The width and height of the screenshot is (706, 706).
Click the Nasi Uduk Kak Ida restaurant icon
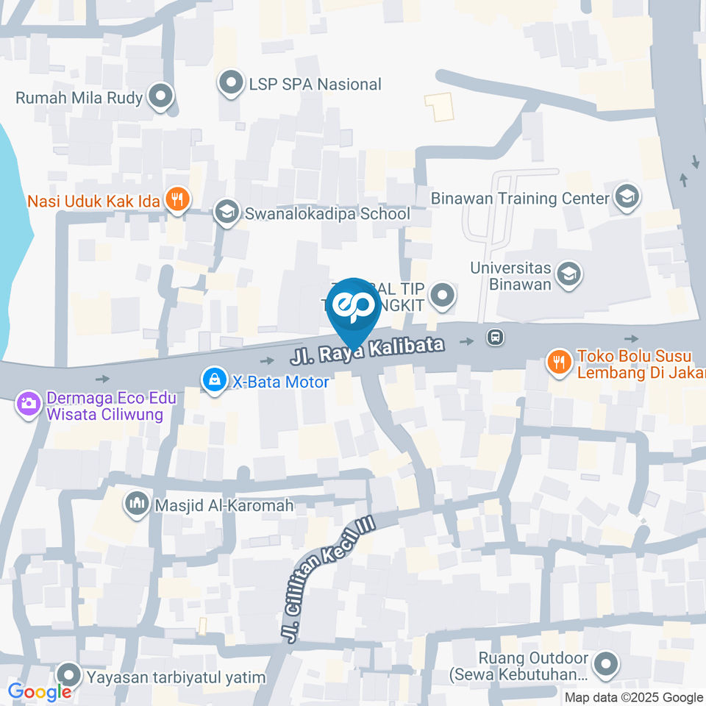[177, 199]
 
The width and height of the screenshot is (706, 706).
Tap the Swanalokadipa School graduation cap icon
[226, 213]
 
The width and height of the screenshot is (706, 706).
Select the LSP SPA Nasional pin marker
[231, 83]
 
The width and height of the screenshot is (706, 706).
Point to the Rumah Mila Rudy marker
[160, 96]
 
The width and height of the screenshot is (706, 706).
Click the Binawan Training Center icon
[627, 197]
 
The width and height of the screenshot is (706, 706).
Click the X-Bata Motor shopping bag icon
[214, 380]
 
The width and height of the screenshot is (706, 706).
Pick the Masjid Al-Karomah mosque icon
[136, 504]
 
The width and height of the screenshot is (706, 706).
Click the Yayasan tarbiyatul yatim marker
[70, 674]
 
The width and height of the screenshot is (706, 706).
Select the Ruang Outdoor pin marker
[607, 663]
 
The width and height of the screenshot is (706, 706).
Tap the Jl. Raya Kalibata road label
[368, 352]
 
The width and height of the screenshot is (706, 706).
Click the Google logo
[40, 691]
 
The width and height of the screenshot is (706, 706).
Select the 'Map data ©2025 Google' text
[633, 697]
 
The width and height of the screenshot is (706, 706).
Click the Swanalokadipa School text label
[327, 214]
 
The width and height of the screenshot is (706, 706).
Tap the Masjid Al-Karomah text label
[224, 505]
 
